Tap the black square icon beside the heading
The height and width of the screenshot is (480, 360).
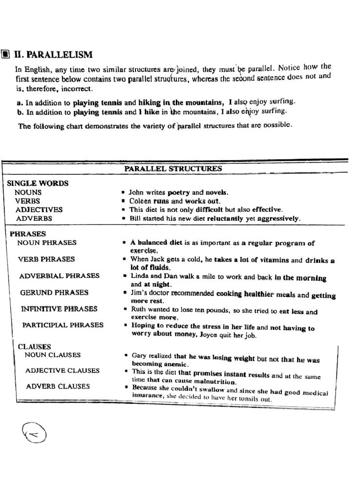pos(5,54)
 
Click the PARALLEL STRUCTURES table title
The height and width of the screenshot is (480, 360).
pos(173,169)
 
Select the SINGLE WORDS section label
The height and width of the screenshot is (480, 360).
pos(37,183)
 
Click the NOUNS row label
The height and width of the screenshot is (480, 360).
pos(28,192)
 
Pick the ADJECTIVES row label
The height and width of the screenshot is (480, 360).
pos(39,210)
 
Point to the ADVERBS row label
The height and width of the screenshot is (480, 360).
pos(34,218)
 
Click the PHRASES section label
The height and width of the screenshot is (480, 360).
pos(28,233)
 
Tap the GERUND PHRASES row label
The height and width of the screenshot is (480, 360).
pos(54,292)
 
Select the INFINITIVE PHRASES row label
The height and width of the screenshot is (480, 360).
pos(59,309)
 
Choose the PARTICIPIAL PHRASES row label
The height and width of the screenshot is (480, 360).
pos(63,325)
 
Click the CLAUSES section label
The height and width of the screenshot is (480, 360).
pos(34,347)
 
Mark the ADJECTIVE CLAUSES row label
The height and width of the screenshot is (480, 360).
pos(62,370)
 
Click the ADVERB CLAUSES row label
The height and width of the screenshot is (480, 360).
pos(58,387)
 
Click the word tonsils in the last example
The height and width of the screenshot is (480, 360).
pos(248,399)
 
